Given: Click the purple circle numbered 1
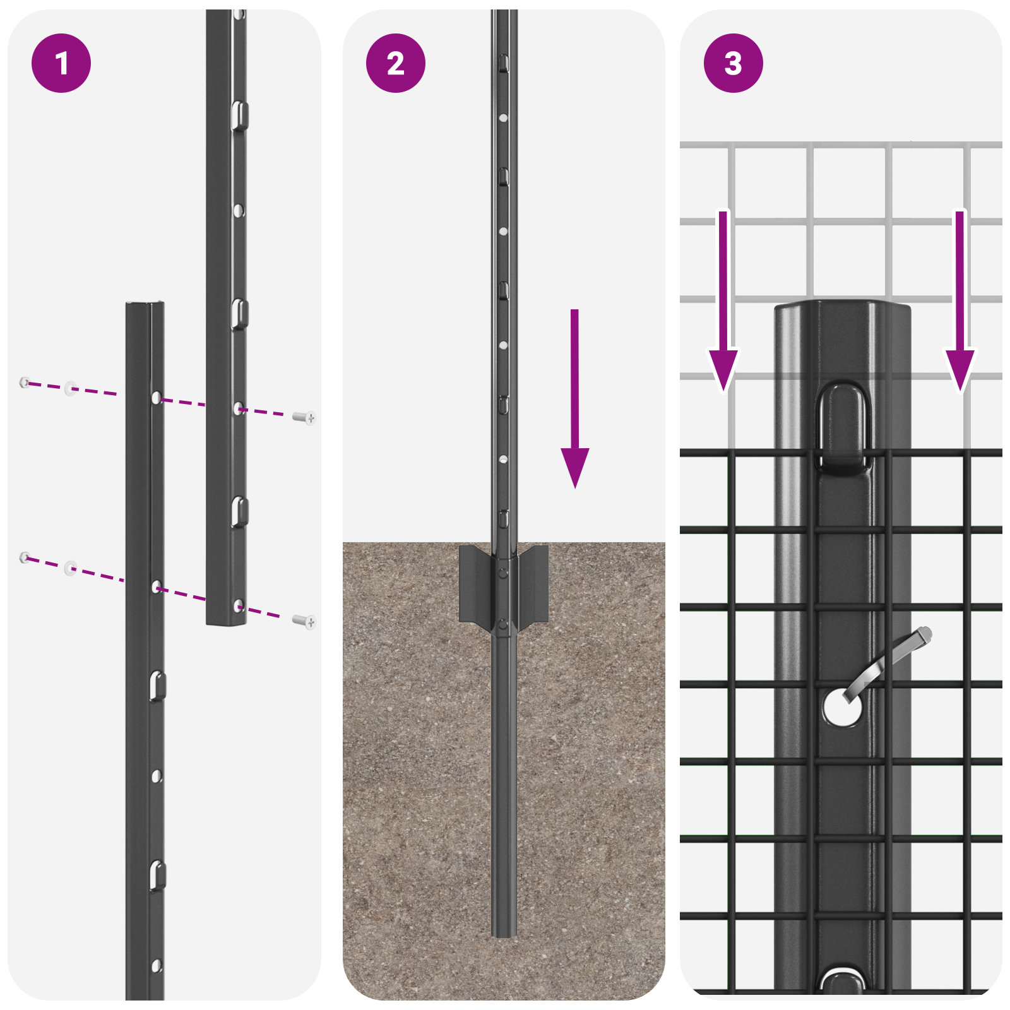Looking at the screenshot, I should coord(61,63).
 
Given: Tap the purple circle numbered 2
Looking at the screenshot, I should coord(396,63).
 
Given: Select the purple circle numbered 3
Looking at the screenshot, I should coord(733,63).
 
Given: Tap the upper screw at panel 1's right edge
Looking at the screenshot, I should coord(306,417).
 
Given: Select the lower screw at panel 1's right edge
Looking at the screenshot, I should coord(306,622).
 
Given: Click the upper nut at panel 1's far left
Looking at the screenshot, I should coord(25,382).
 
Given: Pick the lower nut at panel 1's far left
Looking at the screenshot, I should coord(25,557).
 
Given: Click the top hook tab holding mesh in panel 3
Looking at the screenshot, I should coord(844,429).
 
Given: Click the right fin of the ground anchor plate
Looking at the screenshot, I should coord(533,584).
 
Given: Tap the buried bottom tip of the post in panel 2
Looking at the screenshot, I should coord(504,931).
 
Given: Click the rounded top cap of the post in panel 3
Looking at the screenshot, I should coord(843,311).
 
